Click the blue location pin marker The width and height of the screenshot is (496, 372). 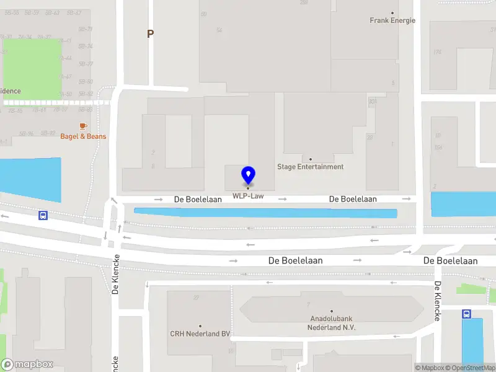pyautogui.click(x=248, y=175)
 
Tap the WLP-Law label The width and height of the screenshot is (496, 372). pyautogui.click(x=248, y=197)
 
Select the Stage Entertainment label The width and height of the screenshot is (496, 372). pyautogui.click(x=310, y=167)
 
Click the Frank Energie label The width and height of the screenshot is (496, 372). pyautogui.click(x=392, y=20)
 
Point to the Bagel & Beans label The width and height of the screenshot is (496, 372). pyautogui.click(x=83, y=136)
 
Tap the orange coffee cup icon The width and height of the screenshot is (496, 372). pyautogui.click(x=83, y=126)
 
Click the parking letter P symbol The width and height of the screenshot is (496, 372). pyautogui.click(x=150, y=34)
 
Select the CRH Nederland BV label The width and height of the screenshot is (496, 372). pyautogui.click(x=200, y=334)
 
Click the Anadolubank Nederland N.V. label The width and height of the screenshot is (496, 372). pyautogui.click(x=332, y=323)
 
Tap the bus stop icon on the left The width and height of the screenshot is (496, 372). pyautogui.click(x=43, y=216)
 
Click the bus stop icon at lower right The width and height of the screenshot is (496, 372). pyautogui.click(x=466, y=314)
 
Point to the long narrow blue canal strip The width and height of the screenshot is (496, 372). pyautogui.click(x=265, y=213)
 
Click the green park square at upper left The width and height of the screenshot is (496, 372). pyautogui.click(x=33, y=67)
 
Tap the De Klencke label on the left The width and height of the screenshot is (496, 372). pyautogui.click(x=115, y=277)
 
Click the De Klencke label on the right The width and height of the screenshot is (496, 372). pyautogui.click(x=437, y=301)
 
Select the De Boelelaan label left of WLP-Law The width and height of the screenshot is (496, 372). pyautogui.click(x=198, y=200)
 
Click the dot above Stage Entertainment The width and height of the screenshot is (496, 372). pyautogui.click(x=311, y=159)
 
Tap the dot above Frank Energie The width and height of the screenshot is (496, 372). pyautogui.click(x=392, y=12)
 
